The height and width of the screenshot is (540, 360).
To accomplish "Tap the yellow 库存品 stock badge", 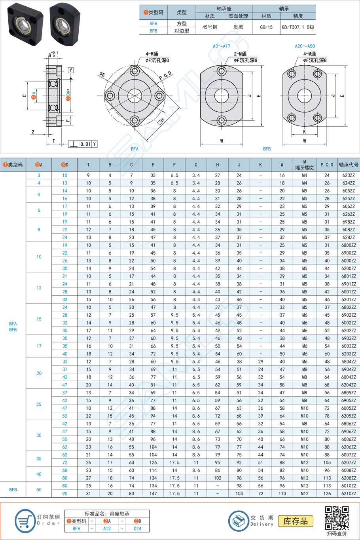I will click(296, 521).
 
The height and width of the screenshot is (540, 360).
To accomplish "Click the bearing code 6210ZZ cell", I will click(349, 494).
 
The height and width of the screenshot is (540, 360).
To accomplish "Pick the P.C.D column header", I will click(327, 165).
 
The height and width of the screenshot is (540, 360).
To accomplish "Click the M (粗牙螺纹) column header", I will click(304, 165).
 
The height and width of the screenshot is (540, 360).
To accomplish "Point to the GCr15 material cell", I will click(266, 27).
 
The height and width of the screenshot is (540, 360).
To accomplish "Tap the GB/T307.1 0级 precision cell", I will click(298, 27).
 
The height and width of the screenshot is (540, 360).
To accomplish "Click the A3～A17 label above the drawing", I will click(222, 46).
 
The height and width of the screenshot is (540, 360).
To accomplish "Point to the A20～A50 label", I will click(305, 46).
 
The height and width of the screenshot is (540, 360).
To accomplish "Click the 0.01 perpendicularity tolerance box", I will click(85, 144).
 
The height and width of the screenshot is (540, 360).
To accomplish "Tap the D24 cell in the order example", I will click(137, 529).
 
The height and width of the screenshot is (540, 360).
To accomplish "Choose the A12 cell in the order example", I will click(107, 529).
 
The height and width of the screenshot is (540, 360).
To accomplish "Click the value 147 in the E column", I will click(153, 494).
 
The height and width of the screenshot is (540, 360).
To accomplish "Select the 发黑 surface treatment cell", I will click(238, 27).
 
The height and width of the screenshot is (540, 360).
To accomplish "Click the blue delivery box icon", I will click(239, 521).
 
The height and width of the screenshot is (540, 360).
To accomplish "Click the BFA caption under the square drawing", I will click(135, 149).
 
